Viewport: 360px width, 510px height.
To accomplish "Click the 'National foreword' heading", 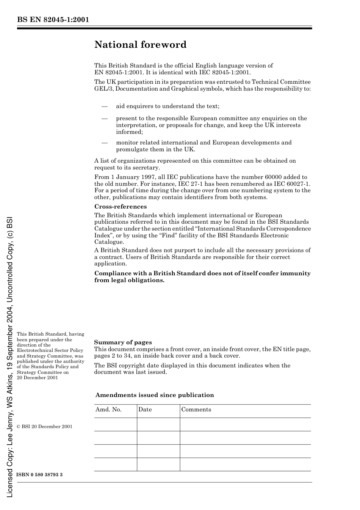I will pyautogui.click(x=140, y=45).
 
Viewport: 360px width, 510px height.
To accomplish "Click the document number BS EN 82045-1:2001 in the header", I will pyautogui.click(x=53, y=20).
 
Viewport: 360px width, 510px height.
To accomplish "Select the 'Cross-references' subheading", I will pyautogui.click(x=121, y=207).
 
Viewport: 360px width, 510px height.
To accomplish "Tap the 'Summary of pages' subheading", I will pyautogui.click(x=123, y=342).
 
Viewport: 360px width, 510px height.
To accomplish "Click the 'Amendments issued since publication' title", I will pyautogui.click(x=155, y=395).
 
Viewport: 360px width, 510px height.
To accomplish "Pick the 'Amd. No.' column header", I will pyautogui.click(x=108, y=410).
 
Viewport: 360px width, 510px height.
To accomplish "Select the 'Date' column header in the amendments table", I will pyautogui.click(x=145, y=410).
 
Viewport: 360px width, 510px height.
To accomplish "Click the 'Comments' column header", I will pyautogui.click(x=196, y=410).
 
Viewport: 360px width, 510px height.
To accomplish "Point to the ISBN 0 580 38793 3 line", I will pyautogui.click(x=39, y=475).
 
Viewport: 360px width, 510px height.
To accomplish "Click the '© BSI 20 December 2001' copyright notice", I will pyautogui.click(x=44, y=427).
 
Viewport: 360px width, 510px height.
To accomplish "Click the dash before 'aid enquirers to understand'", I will pyautogui.click(x=105, y=107).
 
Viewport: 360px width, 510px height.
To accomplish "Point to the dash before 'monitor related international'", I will pyautogui.click(x=105, y=143).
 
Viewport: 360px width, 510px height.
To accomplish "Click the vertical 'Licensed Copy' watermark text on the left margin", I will pyautogui.click(x=10, y=356).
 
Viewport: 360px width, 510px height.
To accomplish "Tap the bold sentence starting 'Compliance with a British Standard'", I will pyautogui.click(x=202, y=277).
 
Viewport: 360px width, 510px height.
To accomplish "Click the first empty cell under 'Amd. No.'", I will pyautogui.click(x=115, y=424).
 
